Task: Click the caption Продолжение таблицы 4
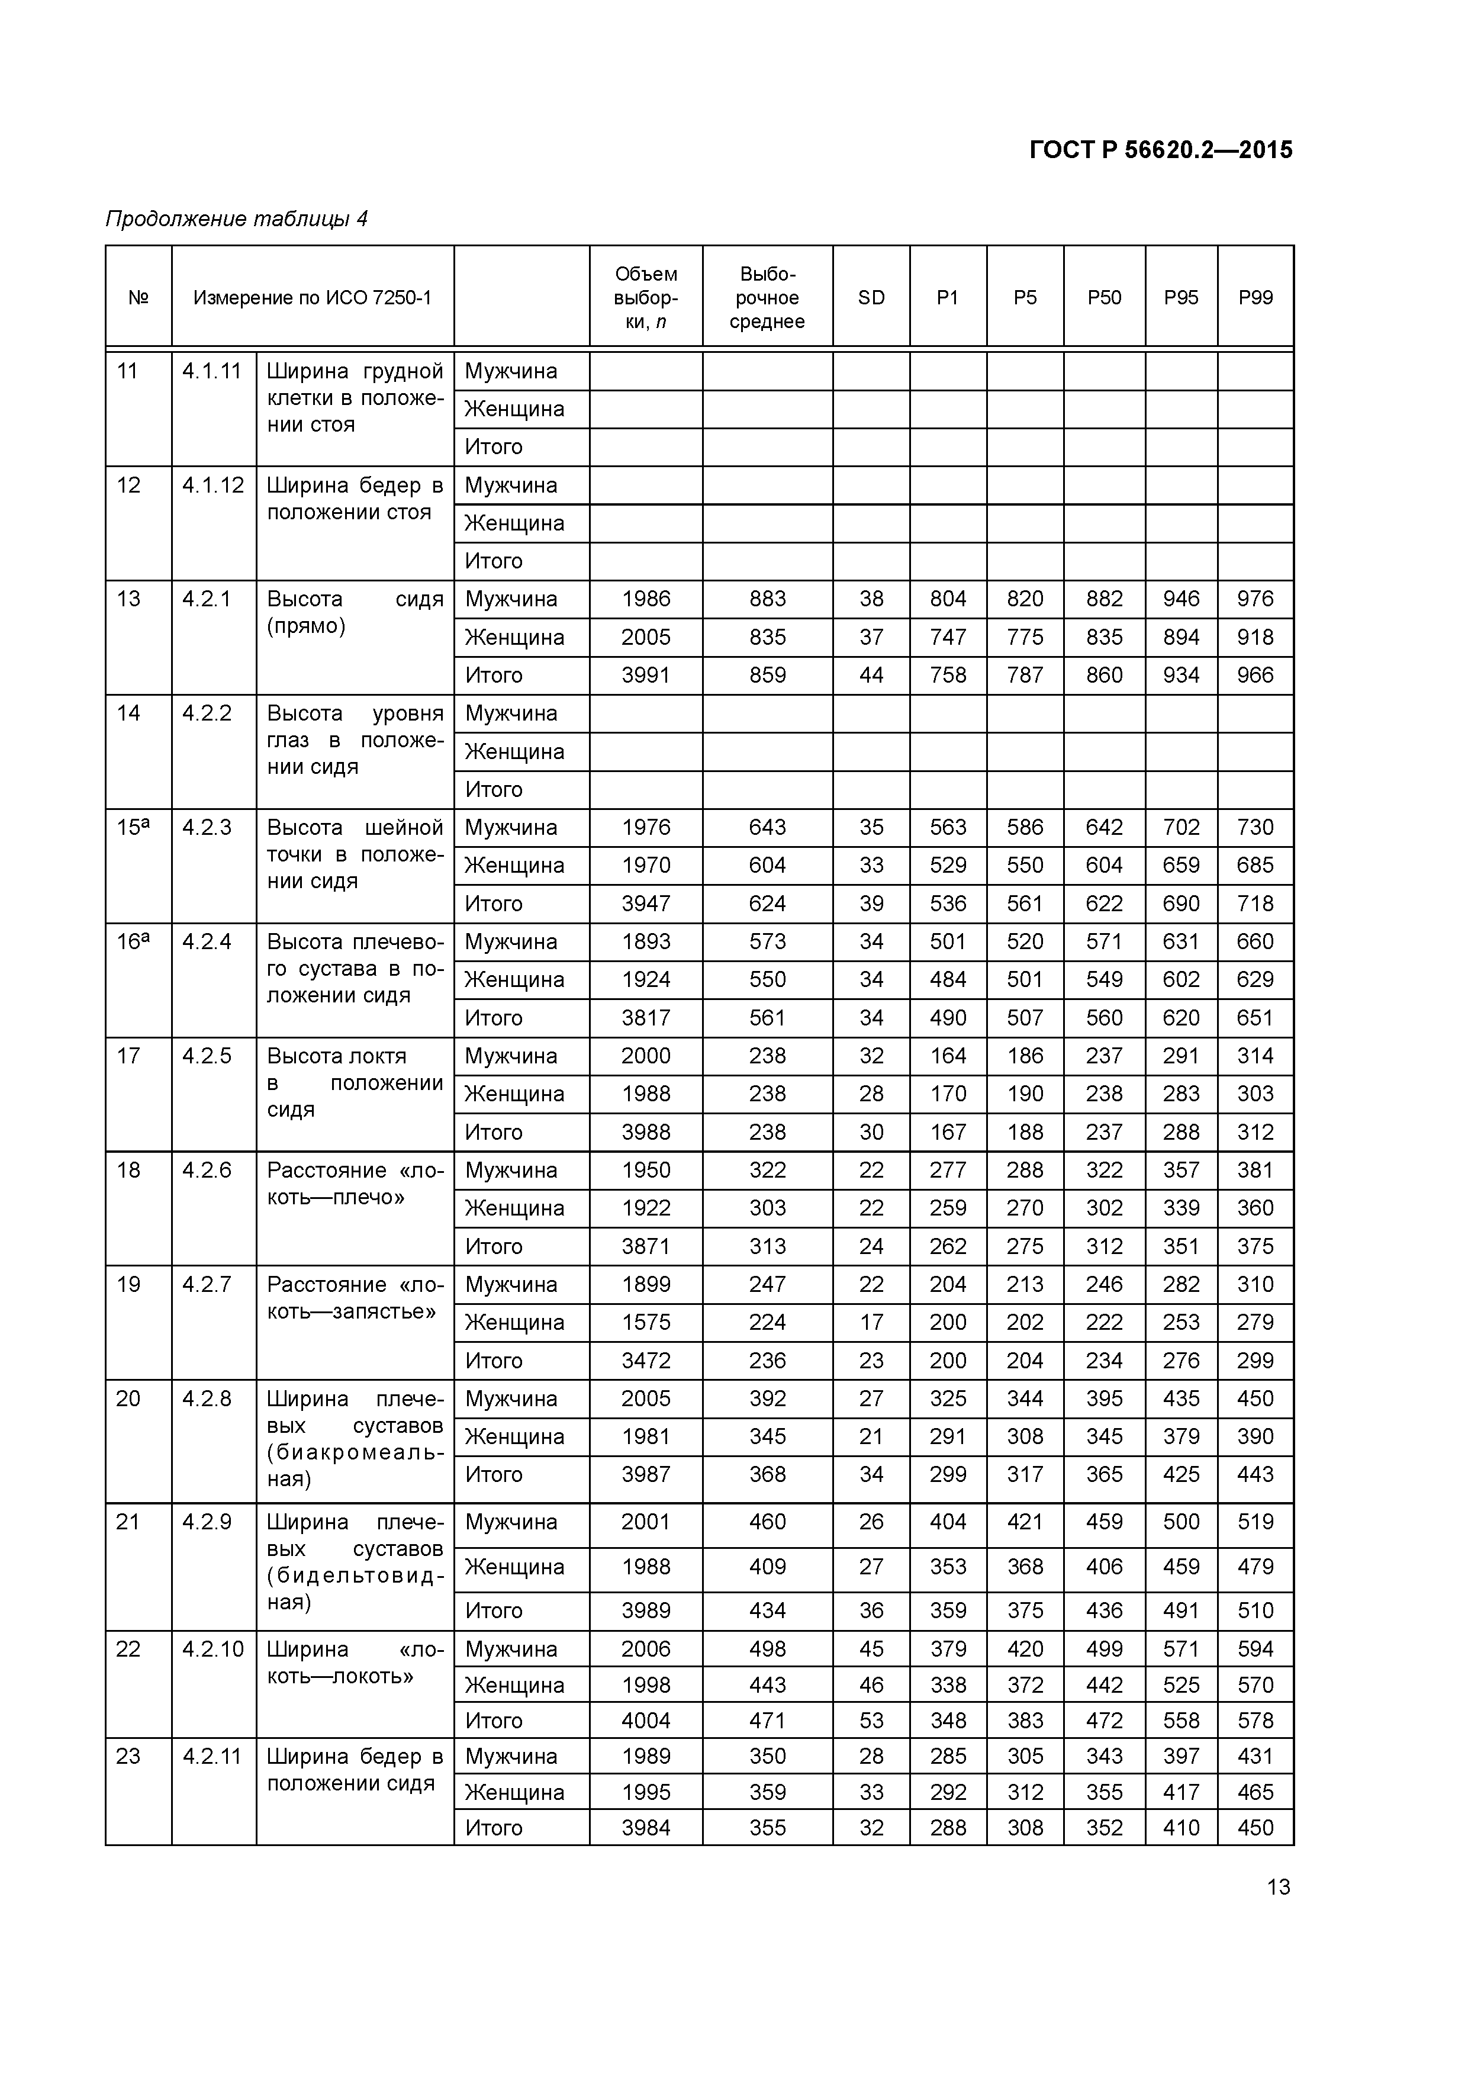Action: pyautogui.click(x=236, y=219)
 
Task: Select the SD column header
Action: pyautogui.click(x=871, y=298)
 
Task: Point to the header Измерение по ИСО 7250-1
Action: pyautogui.click(x=312, y=298)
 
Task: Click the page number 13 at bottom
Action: pyautogui.click(x=1278, y=1886)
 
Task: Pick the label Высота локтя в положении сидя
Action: pyautogui.click(x=355, y=1083)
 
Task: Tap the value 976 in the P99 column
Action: pyautogui.click(x=1255, y=599)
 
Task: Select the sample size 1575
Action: pyautogui.click(x=646, y=1323)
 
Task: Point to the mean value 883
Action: pyautogui.click(x=767, y=599)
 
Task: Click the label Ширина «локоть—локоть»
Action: pyautogui.click(x=355, y=1663)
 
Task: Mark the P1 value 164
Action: pyautogui.click(x=948, y=1056)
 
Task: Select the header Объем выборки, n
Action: pyautogui.click(x=646, y=298)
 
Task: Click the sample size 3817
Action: pyautogui.click(x=646, y=1018)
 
